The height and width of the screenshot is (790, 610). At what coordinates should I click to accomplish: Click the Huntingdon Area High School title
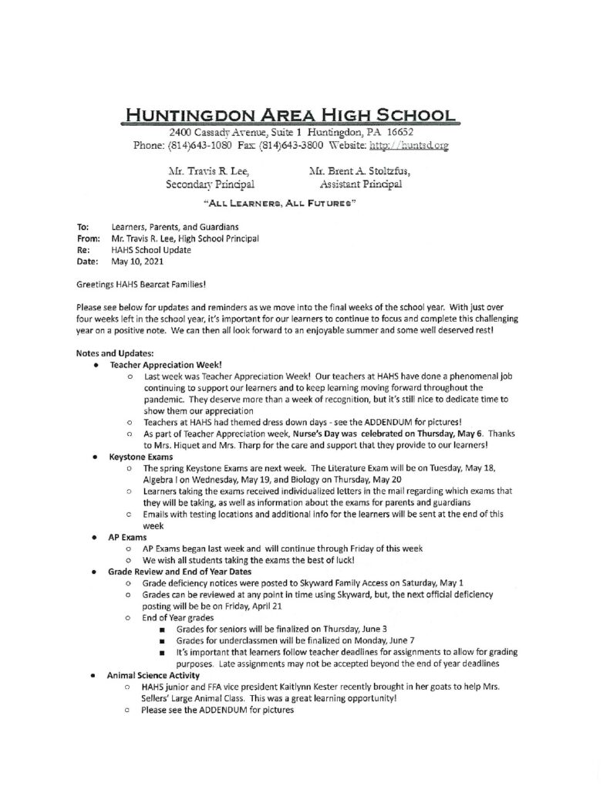[292, 116]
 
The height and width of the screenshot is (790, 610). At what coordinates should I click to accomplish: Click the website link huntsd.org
[420, 144]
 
